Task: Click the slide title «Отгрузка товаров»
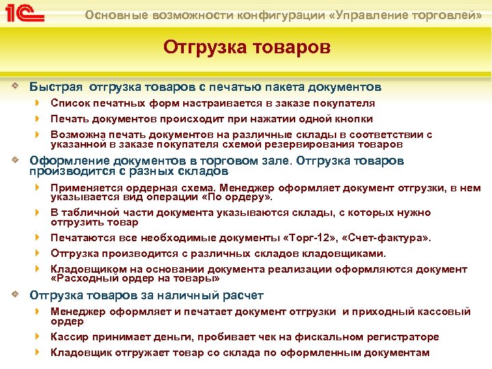(x=246, y=48)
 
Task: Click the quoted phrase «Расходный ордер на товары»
(x=135, y=279)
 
